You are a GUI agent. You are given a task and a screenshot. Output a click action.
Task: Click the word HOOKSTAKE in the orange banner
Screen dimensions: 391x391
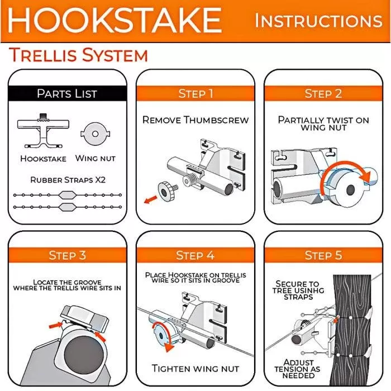point(115,20)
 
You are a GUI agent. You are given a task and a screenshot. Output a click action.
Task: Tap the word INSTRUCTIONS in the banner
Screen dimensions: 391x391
point(318,21)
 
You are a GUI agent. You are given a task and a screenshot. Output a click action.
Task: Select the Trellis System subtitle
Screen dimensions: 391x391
point(79,55)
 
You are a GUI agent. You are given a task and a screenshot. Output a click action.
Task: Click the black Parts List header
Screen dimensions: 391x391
point(67,93)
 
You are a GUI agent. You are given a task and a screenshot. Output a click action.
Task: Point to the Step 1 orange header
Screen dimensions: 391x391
point(195,93)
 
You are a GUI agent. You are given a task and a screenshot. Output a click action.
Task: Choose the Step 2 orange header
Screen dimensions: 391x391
point(323,93)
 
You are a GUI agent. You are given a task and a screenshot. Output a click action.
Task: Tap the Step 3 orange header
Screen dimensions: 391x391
point(68,255)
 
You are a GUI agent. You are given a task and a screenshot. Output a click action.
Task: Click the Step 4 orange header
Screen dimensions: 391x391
point(195,255)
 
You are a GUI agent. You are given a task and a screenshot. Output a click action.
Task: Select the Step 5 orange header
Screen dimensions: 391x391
point(323,255)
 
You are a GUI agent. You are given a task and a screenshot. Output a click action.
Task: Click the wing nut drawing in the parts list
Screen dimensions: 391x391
point(96,134)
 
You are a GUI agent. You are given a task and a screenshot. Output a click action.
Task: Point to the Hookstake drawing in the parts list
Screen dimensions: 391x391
point(43,131)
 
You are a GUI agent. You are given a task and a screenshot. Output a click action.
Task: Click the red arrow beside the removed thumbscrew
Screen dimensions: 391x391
point(151,199)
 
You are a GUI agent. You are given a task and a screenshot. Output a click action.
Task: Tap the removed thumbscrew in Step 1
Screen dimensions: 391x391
point(168,190)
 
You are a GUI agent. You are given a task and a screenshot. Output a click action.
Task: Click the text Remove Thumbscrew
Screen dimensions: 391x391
point(195,120)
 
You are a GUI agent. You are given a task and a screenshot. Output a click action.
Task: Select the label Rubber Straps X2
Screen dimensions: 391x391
point(68,179)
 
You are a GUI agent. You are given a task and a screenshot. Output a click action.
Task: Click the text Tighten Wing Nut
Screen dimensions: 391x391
point(195,368)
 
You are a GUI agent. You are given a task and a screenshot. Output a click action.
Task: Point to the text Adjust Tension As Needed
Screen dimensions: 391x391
point(298,369)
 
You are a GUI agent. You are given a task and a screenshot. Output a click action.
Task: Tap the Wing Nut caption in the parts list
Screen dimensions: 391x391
point(96,158)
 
